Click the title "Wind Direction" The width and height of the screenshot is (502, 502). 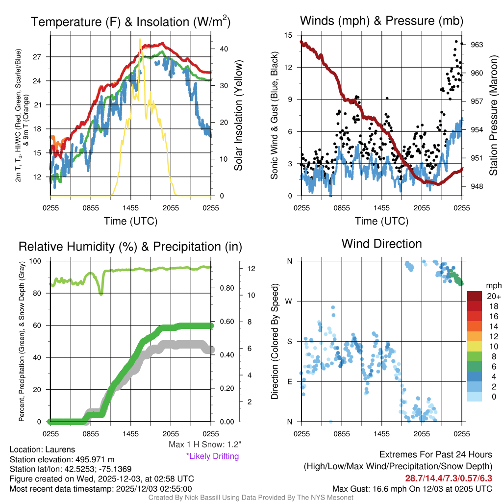tap(381, 244)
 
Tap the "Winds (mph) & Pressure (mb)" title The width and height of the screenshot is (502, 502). tap(381, 21)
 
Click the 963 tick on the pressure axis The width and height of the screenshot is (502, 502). tap(477, 45)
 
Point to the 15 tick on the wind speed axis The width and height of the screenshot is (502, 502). tap(288, 35)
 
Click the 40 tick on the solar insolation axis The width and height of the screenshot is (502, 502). tap(224, 49)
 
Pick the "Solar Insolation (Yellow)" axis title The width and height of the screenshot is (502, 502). tap(239, 115)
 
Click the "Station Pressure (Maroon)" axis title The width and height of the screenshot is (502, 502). tap(494, 115)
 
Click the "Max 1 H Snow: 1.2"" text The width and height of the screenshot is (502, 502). tap(204, 445)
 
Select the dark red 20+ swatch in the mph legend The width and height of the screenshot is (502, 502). tap(476, 296)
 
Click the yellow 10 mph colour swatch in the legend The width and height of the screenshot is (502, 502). tap(476, 346)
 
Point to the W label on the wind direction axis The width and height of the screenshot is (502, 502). tap(290, 301)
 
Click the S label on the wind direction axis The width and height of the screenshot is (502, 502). tap(290, 341)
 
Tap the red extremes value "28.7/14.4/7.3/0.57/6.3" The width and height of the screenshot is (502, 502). tap(449, 478)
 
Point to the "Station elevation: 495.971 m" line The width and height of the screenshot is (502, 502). tap(62, 459)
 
